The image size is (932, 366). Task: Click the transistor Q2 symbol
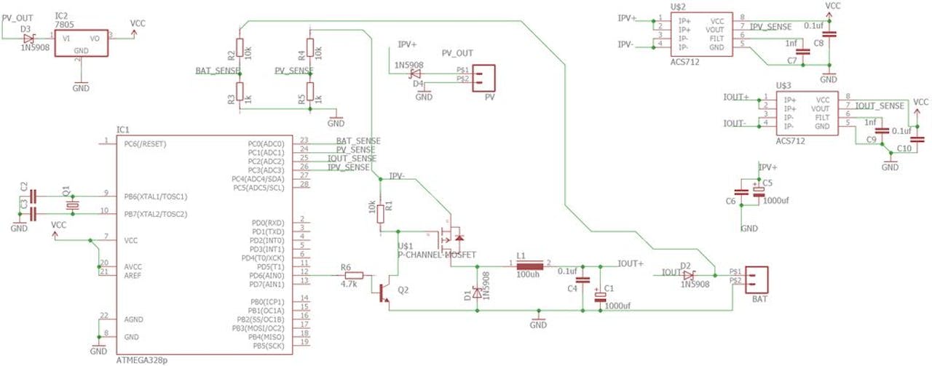pyautogui.click(x=386, y=290)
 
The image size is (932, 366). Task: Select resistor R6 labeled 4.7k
pyautogui.click(x=349, y=276)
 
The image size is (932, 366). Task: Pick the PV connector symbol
pyautogui.click(x=486, y=76)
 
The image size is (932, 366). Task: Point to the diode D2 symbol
pyautogui.click(x=688, y=274)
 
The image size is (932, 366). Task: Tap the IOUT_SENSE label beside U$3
pyautogui.click(x=879, y=106)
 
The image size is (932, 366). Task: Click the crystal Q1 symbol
pyautogui.click(x=71, y=205)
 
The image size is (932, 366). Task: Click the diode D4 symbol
pyautogui.click(x=416, y=73)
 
